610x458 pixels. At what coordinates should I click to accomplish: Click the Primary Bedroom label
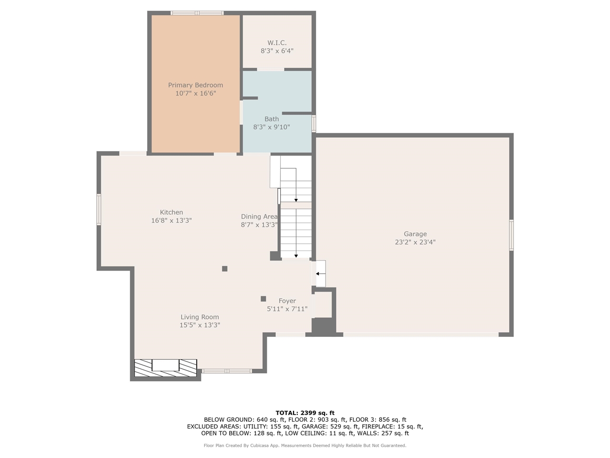point(195,85)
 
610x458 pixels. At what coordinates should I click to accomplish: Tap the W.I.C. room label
point(277,42)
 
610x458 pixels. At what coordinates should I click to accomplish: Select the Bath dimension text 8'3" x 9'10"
point(272,127)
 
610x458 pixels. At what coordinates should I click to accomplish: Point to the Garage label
point(415,234)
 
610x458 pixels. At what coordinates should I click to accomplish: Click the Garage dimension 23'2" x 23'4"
point(415,242)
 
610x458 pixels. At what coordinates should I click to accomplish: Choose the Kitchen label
point(171,212)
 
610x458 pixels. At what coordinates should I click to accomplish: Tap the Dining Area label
point(259,217)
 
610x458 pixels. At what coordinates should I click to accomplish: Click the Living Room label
point(200,317)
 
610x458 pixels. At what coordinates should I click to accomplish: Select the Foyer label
point(287,301)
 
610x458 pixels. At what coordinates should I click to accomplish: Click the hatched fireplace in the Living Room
point(165,365)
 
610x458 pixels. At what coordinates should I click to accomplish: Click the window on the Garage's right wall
point(511,235)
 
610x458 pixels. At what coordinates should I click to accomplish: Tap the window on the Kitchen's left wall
point(99,209)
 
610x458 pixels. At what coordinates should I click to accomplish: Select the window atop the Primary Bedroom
point(197,13)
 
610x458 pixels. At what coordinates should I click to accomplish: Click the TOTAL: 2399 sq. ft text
point(305,413)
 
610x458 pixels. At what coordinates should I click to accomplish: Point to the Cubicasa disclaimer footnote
point(305,446)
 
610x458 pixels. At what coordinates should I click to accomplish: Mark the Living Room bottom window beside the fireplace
point(227,371)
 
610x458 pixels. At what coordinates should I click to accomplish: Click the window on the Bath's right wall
point(314,123)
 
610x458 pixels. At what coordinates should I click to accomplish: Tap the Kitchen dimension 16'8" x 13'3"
point(171,220)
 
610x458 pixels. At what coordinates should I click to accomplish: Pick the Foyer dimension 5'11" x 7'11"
point(287,309)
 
